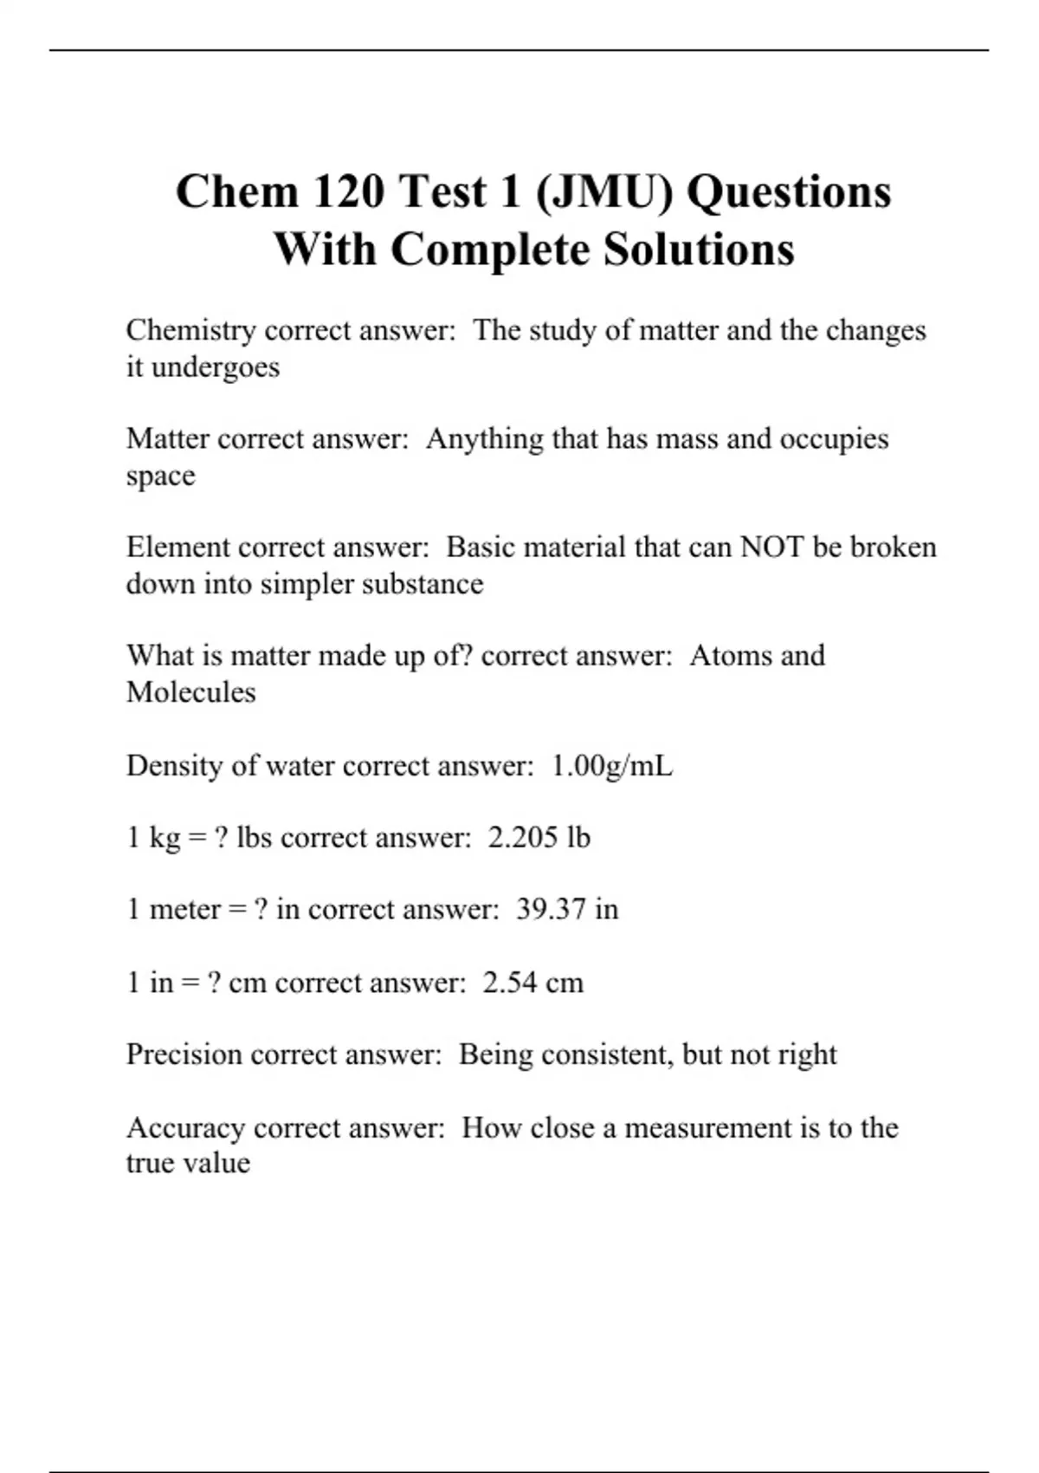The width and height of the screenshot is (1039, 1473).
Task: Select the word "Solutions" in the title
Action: (699, 250)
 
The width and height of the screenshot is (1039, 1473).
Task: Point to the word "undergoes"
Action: (216, 367)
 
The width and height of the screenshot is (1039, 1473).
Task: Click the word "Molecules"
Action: (190, 692)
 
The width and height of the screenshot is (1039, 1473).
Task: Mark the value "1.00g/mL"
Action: (611, 766)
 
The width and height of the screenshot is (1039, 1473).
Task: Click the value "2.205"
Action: (522, 838)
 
